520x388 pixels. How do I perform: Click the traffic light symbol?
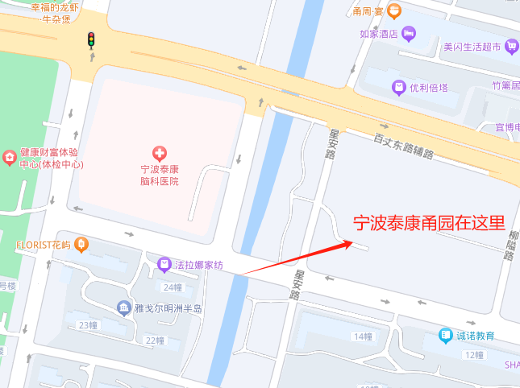click(x=92, y=39)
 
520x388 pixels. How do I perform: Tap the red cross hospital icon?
click(x=159, y=152)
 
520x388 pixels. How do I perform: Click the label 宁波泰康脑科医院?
click(x=159, y=175)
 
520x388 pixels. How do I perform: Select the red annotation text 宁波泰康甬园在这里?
click(x=430, y=223)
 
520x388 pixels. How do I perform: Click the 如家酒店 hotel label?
click(x=380, y=34)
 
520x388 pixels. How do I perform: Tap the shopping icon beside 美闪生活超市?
click(x=511, y=47)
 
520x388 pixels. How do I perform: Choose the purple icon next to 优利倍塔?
click(x=397, y=87)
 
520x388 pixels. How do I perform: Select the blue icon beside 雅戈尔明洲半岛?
click(x=123, y=308)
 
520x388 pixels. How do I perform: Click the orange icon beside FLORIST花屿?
click(x=81, y=244)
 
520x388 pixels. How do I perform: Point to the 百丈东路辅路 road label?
click(x=404, y=146)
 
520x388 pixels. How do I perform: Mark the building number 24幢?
click(x=173, y=287)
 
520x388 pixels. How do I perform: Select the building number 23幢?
click(x=87, y=325)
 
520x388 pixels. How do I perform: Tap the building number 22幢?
click(x=154, y=341)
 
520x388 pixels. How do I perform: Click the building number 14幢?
click(x=363, y=336)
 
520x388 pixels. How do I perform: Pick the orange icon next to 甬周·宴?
click(x=393, y=11)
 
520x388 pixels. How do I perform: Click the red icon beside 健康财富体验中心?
click(x=9, y=155)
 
